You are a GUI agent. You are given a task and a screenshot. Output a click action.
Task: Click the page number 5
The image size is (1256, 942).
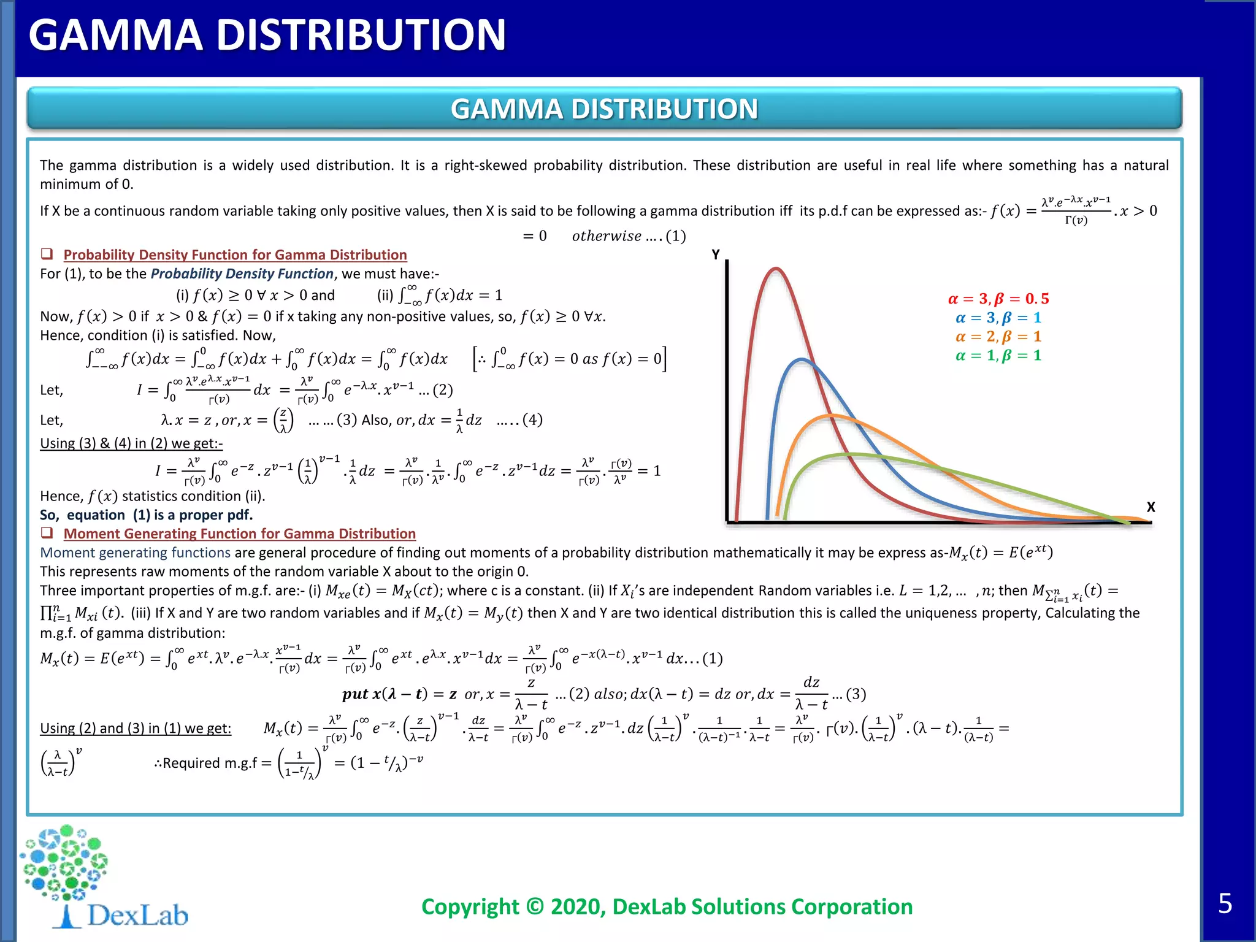coord(1225,903)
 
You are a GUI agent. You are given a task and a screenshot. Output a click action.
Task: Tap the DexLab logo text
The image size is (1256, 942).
coord(137,915)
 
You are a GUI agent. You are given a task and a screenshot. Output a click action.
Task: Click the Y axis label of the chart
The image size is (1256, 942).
coord(716,255)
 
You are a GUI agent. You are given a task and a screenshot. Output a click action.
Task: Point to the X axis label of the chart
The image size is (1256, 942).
coord(1151,507)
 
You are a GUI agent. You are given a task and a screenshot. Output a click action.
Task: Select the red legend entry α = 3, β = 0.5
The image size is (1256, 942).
coord(998,299)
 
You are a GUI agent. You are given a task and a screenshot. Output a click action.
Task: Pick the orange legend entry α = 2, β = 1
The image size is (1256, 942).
coord(998,337)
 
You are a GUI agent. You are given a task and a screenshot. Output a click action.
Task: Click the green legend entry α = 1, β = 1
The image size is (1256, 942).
coord(998,356)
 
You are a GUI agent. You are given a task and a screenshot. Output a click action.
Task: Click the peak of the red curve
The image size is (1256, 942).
coord(776,269)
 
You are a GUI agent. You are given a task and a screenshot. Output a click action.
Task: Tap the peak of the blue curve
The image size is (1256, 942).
coord(801,359)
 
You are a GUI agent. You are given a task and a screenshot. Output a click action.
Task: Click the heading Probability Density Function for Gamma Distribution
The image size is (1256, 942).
coord(235,255)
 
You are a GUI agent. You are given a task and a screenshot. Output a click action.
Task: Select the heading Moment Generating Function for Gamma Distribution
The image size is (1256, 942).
coord(239,534)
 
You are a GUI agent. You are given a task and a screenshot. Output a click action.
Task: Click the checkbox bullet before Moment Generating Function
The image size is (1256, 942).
coord(47,533)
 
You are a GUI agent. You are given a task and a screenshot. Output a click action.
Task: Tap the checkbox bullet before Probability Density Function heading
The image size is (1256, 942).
coord(47,254)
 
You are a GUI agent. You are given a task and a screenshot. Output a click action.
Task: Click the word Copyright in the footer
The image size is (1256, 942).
coord(470,906)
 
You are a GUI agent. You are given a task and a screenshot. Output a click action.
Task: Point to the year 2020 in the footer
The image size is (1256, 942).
coord(575,906)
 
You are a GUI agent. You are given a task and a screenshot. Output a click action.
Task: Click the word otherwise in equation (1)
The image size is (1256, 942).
coord(607,236)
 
